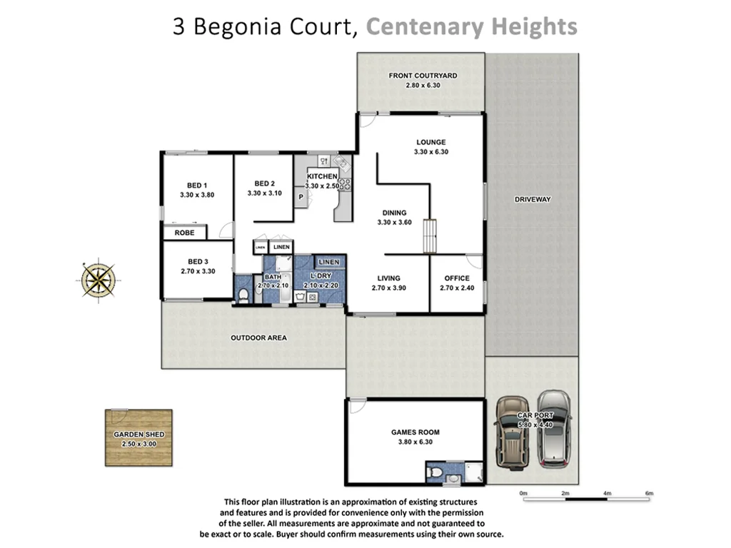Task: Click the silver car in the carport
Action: pos(555,428)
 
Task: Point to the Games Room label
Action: pos(415,432)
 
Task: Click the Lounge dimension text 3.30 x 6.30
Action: pos(431,152)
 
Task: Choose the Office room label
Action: pos(457,278)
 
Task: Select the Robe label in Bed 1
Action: pos(184,233)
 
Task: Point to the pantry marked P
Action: pos(301,197)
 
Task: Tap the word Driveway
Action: pos(533,199)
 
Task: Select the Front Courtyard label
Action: pos(423,76)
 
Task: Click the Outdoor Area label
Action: pos(258,338)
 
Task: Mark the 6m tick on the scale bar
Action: pos(649,494)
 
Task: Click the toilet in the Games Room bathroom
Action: pos(435,472)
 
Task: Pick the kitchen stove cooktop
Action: pos(346,183)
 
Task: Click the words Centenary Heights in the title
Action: pos(471,27)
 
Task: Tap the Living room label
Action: pos(386,278)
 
